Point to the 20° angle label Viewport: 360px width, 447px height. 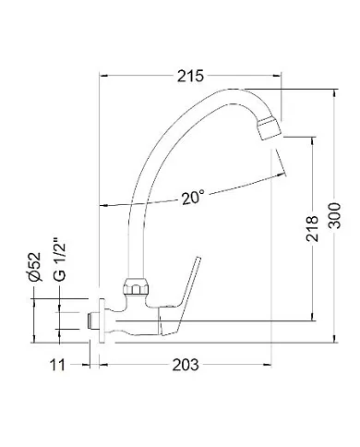pyautogui.click(x=193, y=197)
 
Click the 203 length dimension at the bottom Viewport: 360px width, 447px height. pyautogui.click(x=186, y=367)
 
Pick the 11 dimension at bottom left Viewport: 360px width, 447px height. pyautogui.click(x=57, y=367)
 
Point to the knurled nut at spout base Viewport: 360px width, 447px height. pyautogui.click(x=135, y=286)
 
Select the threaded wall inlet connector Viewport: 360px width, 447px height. pyautogui.click(x=92, y=319)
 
